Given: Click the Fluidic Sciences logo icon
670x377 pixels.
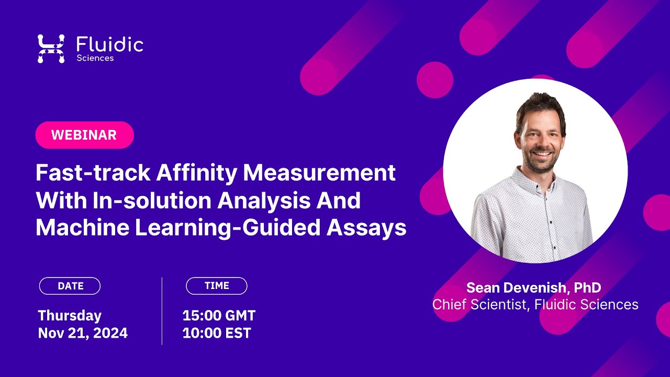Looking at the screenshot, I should [51, 49].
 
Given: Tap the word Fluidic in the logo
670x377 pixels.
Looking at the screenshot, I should [109, 45].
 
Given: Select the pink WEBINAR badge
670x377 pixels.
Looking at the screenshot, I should [84, 135].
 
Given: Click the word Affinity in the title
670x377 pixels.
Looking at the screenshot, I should [192, 173].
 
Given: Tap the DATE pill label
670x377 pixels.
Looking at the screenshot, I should [70, 286].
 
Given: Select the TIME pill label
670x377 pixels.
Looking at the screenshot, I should [217, 286].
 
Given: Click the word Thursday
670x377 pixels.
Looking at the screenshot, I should [70, 316].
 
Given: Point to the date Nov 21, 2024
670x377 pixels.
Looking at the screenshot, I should [83, 333].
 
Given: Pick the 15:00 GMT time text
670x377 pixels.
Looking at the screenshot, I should [219, 316].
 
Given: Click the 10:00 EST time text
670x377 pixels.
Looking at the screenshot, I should [217, 333].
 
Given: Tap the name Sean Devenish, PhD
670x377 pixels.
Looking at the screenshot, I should [533, 287].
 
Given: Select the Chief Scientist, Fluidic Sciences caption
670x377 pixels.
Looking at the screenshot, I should [535, 305].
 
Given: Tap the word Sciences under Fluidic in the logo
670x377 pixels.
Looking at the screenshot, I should [95, 58].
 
